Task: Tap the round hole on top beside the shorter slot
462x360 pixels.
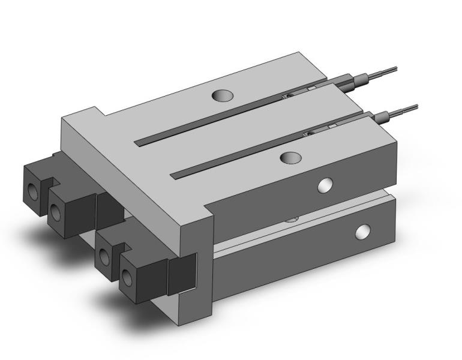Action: pos(291,157)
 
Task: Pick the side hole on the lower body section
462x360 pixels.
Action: pos(362,231)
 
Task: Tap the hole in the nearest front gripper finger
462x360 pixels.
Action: pos(128,278)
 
